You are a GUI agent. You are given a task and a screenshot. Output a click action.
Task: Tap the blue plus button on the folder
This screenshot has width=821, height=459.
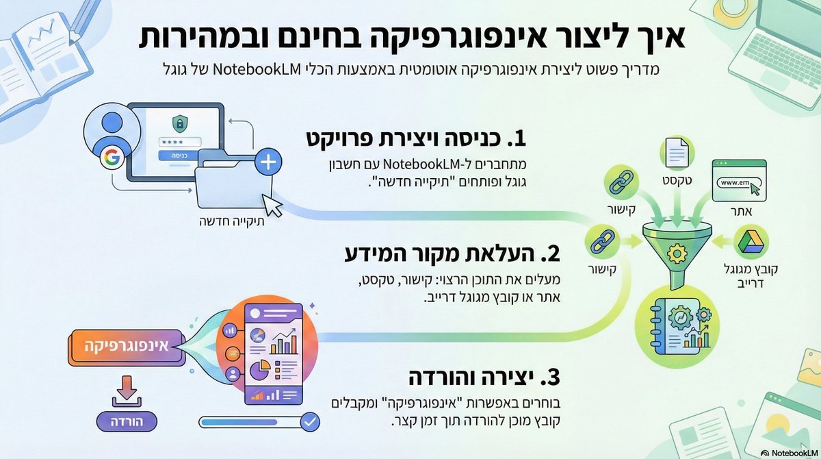(268, 162)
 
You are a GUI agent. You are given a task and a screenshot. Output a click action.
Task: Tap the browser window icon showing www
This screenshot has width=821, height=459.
(737, 179)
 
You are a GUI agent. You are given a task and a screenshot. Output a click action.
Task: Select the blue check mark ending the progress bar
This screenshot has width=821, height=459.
(310, 419)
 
